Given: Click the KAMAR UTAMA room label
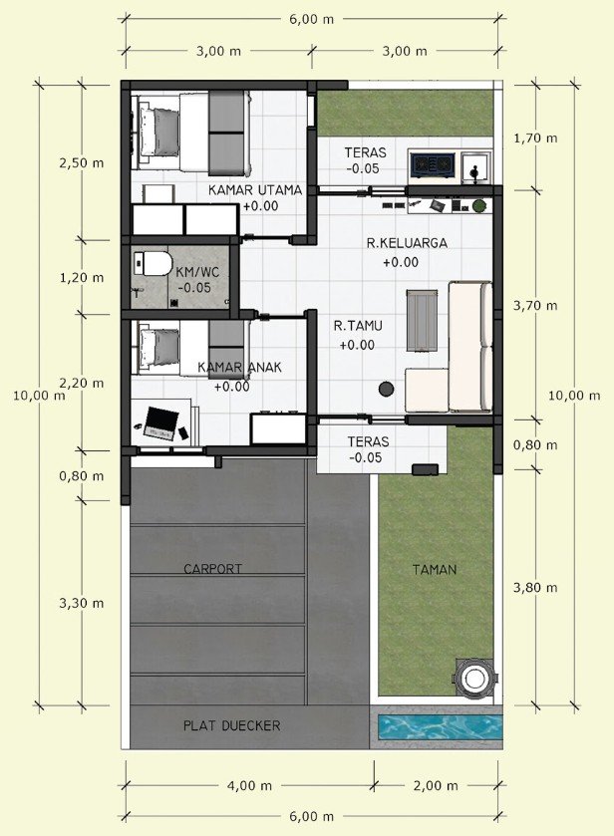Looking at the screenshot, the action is [x=255, y=189].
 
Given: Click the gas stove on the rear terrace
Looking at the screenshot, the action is [x=433, y=164].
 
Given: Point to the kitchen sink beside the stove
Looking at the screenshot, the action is [x=475, y=165].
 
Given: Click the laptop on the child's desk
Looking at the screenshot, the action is [x=160, y=423].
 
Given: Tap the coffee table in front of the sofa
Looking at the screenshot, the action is [x=422, y=321].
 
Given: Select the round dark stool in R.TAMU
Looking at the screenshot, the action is [x=387, y=390].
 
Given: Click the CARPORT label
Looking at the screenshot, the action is [x=213, y=569].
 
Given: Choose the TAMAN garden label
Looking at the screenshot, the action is [x=435, y=570].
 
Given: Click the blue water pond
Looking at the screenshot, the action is [x=441, y=727].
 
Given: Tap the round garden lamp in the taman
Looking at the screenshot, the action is [x=472, y=679].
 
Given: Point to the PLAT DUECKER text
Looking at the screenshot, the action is [x=231, y=725].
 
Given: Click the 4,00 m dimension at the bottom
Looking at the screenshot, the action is [x=249, y=785].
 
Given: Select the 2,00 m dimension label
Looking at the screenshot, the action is [x=436, y=785].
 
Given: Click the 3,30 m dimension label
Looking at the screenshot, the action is [x=82, y=603].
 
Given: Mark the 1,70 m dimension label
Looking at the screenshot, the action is [x=535, y=139].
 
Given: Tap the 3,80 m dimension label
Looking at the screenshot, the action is [x=535, y=588].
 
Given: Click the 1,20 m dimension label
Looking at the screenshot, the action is [x=82, y=277].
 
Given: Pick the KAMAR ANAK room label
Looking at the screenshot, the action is [x=239, y=368].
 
